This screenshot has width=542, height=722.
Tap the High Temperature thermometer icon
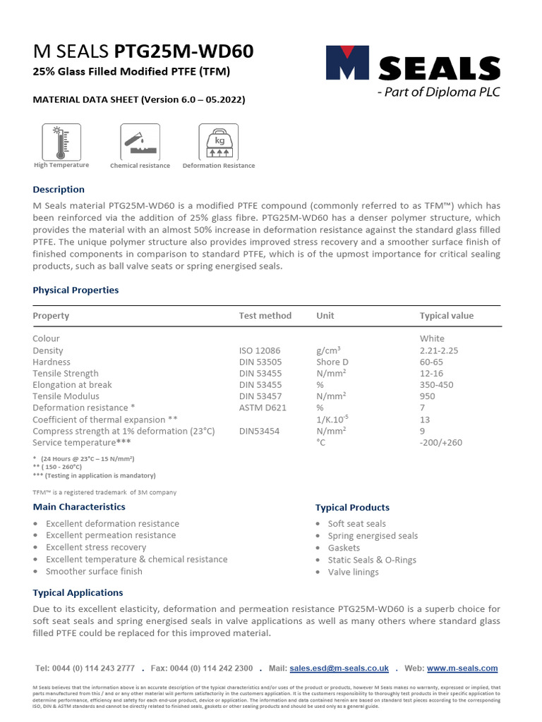coord(61,141)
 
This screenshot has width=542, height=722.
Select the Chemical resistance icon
coord(140,141)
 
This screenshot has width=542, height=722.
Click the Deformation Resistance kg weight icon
coord(218,141)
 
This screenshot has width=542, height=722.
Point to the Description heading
coord(59,190)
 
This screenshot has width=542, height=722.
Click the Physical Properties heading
coord(76,290)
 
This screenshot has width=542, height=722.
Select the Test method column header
coord(265,316)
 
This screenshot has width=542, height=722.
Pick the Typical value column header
coord(447,316)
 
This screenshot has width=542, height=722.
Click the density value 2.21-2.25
coord(438,350)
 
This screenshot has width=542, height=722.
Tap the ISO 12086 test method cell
coord(260,350)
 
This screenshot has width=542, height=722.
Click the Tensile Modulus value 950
coord(428,396)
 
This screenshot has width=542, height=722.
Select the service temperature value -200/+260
coord(441,442)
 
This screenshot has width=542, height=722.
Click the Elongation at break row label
coord(72,385)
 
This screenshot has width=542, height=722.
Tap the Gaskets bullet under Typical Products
coord(344,548)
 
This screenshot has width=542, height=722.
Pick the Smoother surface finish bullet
coord(94,571)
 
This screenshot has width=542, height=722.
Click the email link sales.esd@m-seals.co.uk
coord(339,668)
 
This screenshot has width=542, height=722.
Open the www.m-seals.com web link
coord(462,668)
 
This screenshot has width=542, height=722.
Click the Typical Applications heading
coord(78,593)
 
